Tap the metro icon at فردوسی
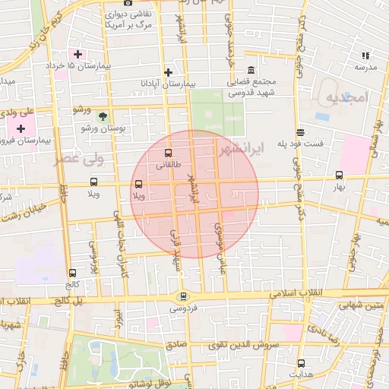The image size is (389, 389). [182, 297]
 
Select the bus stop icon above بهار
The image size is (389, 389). [339, 175]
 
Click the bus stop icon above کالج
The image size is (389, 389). [72, 273]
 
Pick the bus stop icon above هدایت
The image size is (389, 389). [301, 363]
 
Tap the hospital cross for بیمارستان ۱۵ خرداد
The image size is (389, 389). [77, 54]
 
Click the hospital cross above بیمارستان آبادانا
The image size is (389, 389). [168, 72]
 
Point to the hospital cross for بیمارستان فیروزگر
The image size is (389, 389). [21, 129]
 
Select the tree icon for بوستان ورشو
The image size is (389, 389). [103, 115]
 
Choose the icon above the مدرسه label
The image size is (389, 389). [365, 55]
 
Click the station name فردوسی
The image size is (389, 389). [182, 309]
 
